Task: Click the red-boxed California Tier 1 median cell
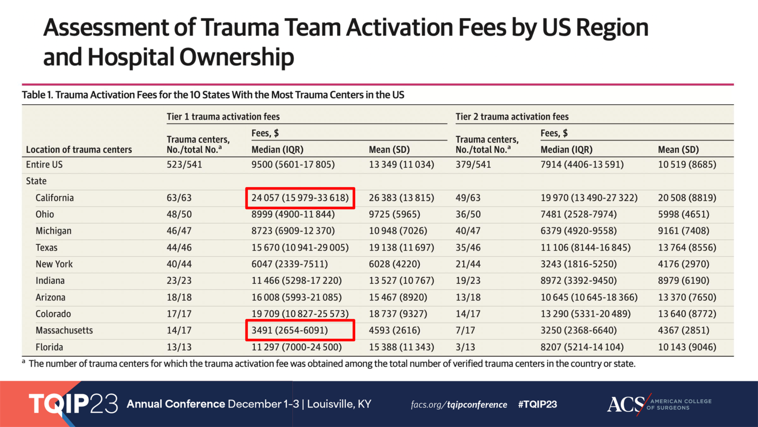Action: pos(300,198)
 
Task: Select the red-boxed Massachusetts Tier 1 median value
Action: pos(300,330)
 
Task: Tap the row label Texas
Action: pos(46,248)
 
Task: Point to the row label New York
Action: pos(54,264)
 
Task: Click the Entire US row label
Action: pos(44,165)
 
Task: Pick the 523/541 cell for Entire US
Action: pos(184,165)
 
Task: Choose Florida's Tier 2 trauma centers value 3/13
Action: pos(465,347)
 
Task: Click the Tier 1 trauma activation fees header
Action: pos(223,117)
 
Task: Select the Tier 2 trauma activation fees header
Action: pos(512,117)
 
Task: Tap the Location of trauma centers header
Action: pos(79,149)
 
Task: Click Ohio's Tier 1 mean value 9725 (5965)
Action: pos(394,214)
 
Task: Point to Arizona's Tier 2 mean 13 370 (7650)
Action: pos(686,297)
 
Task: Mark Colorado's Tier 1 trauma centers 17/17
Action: pos(179,314)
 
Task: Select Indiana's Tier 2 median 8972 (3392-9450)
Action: pos(578,281)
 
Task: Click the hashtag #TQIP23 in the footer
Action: pos(537,404)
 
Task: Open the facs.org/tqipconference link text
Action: pos(459,405)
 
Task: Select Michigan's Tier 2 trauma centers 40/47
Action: pos(468,231)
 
